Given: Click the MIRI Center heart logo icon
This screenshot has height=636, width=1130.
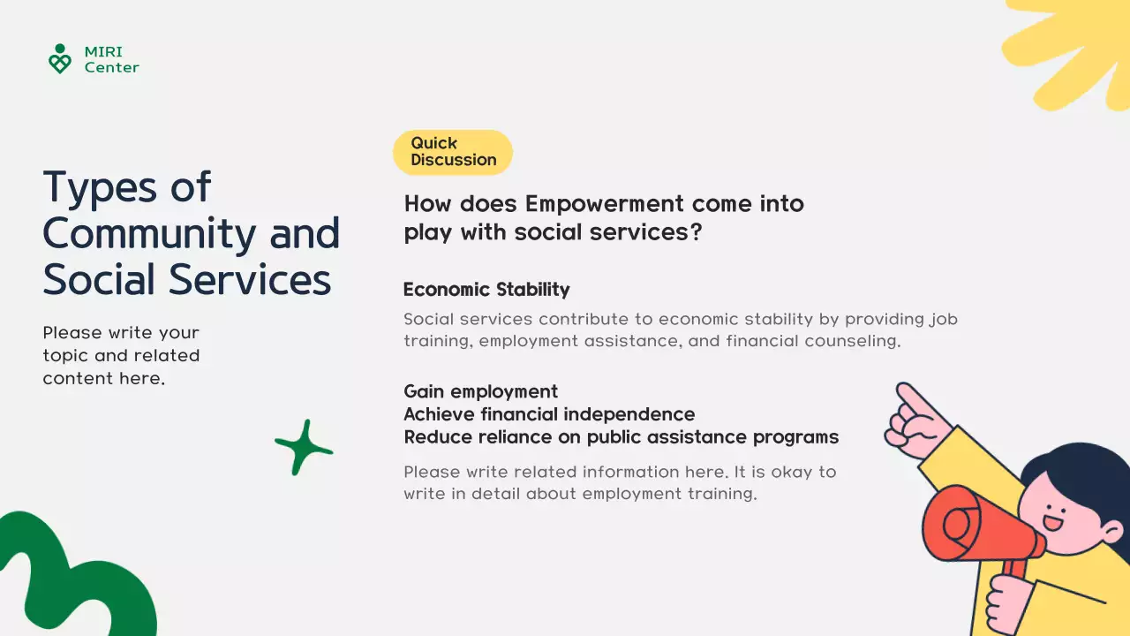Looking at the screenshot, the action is pos(60,58).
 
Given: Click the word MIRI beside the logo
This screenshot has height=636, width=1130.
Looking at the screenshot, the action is pos(103,51).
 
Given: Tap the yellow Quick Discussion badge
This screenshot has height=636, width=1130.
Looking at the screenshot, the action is pos(453,152).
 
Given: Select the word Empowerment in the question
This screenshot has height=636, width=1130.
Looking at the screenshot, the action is pos(605,204).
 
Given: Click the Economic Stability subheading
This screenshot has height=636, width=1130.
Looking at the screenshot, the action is pos(486,290).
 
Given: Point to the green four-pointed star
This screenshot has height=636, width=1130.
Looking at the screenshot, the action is pos(304,447).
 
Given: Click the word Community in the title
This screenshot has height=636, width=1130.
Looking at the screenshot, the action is pos(150,234).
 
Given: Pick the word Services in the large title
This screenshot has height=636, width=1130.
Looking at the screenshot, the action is pos(250,279).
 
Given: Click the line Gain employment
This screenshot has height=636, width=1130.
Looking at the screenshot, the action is pos(481,391).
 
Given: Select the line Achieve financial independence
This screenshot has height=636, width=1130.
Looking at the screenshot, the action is pos(549,414).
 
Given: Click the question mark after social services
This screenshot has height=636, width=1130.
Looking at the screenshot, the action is pos(697,232).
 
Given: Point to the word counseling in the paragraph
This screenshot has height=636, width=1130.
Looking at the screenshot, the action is pos(853,341).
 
